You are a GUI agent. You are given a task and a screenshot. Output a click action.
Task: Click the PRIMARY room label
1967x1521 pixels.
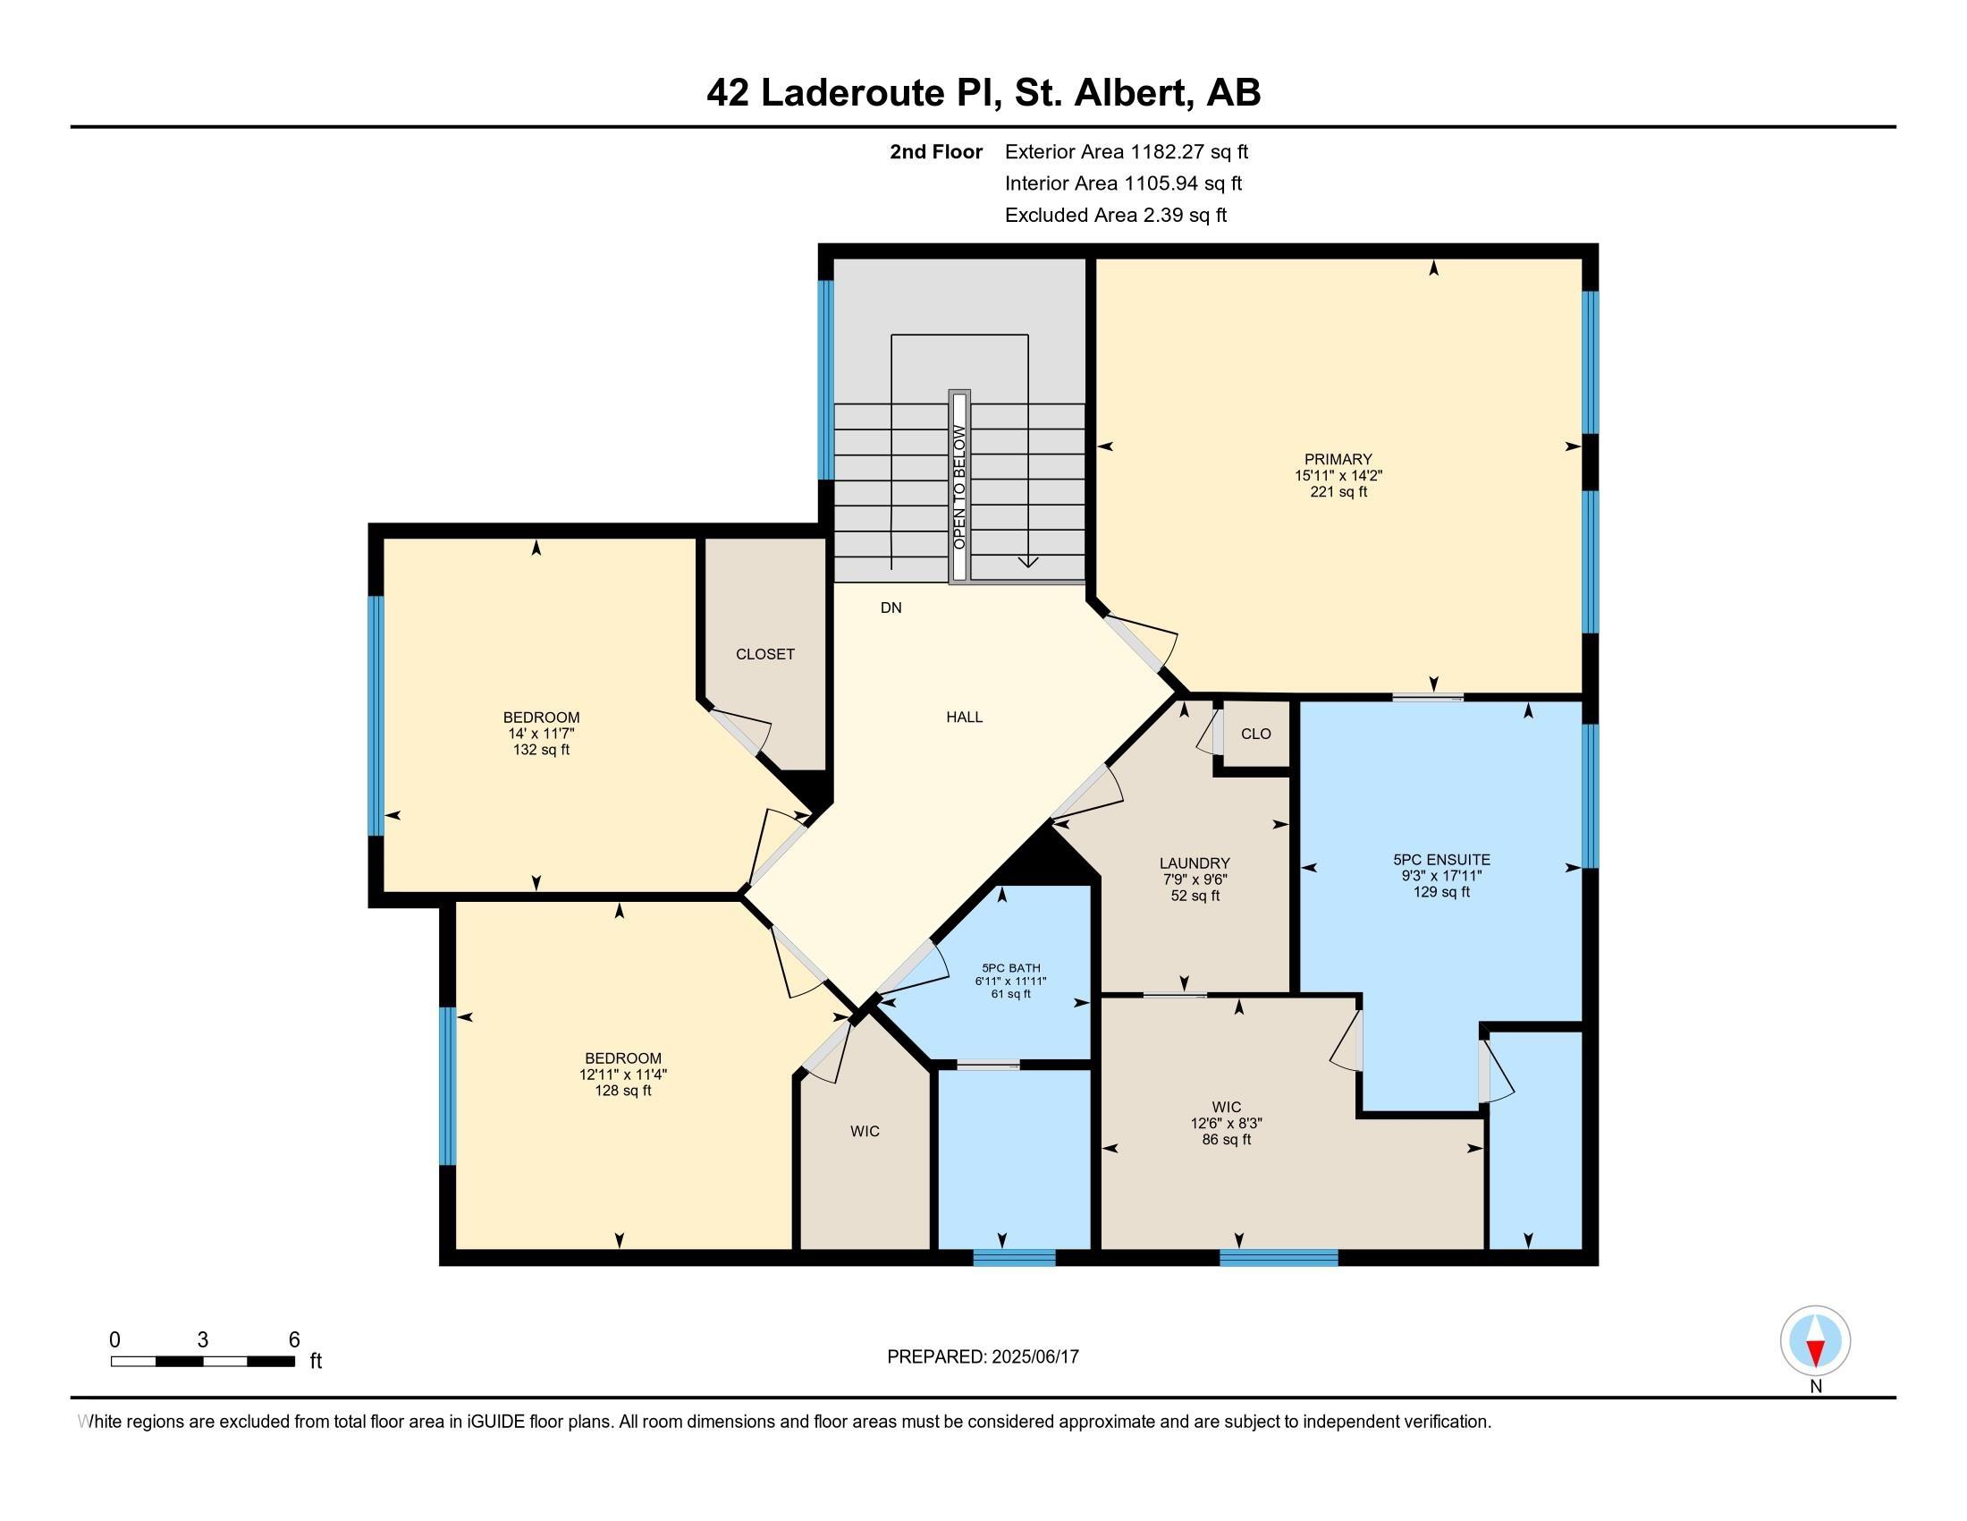pos(1338,460)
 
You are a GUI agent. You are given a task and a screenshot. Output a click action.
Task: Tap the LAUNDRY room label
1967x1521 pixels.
pos(1195,863)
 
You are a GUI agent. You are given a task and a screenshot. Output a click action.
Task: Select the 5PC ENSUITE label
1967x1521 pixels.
pos(1442,860)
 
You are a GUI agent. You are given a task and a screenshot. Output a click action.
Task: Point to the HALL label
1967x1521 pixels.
pos(965,718)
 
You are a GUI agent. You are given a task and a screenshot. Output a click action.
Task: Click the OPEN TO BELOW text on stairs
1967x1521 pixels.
pos(959,488)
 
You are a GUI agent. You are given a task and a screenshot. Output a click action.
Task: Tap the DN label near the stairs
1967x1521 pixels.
pos(891,608)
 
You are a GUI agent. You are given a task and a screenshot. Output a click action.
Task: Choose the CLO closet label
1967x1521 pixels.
pos(1256,735)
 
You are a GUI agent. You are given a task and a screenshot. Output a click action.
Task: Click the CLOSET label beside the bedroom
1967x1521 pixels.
pos(765,654)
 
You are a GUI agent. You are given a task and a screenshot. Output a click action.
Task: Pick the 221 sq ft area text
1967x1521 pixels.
pos(1338,492)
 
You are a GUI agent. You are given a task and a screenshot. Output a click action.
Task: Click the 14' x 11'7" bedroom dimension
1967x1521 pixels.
pos(541,734)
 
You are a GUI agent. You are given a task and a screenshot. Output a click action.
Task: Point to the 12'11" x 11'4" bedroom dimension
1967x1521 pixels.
pos(623,1074)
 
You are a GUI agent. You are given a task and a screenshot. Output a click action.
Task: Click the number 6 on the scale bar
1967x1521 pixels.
pos(293,1340)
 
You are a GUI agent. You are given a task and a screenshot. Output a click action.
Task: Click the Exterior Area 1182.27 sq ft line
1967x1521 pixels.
pos(1127,151)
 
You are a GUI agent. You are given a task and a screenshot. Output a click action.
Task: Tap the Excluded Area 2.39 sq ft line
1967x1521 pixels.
pos(1116,215)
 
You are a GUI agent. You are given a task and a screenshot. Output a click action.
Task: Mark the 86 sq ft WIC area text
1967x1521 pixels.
pos(1227,1139)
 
